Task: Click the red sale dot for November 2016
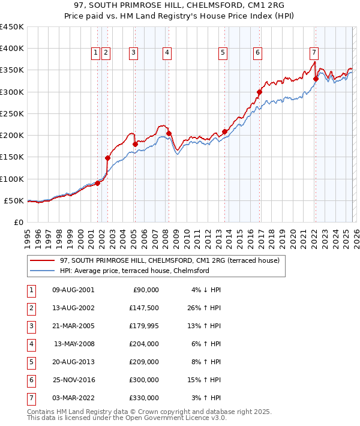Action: (x=260, y=92)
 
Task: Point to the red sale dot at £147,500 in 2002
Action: (x=108, y=158)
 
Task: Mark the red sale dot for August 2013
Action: (x=225, y=131)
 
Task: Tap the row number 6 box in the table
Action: (x=31, y=380)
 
